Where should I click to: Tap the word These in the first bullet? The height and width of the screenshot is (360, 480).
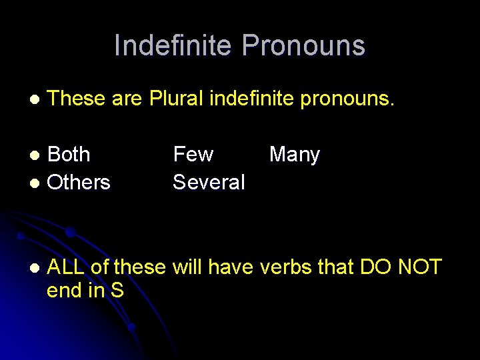[x=77, y=99]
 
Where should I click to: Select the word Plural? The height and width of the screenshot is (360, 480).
[x=177, y=99]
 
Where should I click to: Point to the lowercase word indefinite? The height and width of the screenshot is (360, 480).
[x=252, y=99]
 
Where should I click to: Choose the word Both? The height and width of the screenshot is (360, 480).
[x=69, y=155]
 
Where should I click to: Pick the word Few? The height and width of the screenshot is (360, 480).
[x=193, y=155]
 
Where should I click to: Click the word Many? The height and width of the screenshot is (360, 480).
[x=295, y=155]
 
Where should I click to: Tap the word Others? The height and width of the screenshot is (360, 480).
[x=79, y=182]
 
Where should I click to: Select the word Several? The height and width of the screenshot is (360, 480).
[x=209, y=182]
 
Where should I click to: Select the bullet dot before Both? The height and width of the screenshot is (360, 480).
[x=38, y=155]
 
